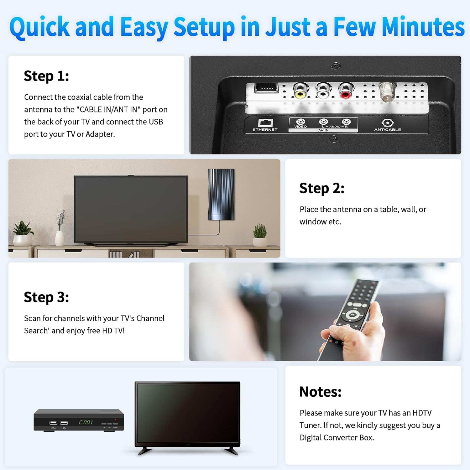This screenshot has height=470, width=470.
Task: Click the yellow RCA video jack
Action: [x=300, y=91]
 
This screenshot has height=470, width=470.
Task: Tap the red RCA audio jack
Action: [x=346, y=91]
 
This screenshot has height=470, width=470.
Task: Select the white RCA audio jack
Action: [x=323, y=91]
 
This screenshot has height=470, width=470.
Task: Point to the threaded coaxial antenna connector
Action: [x=388, y=92]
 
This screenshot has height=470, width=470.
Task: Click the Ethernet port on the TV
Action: [x=266, y=88]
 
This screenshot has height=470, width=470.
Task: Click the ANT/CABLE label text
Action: [x=388, y=130]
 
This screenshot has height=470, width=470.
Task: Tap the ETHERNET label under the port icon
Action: [x=265, y=130]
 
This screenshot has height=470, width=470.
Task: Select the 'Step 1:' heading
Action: [x=46, y=76]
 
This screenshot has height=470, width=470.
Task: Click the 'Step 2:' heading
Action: [x=322, y=188]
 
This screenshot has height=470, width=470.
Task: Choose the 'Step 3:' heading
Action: [x=46, y=297]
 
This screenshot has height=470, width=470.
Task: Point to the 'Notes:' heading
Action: [x=320, y=392]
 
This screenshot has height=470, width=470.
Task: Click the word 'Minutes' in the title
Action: [x=423, y=27]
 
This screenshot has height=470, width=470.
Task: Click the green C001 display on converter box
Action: [x=86, y=422]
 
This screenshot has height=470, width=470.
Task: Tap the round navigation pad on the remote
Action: [x=352, y=315]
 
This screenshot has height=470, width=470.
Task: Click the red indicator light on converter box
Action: [x=115, y=420]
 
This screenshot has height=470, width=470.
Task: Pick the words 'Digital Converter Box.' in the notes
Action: [x=337, y=437]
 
